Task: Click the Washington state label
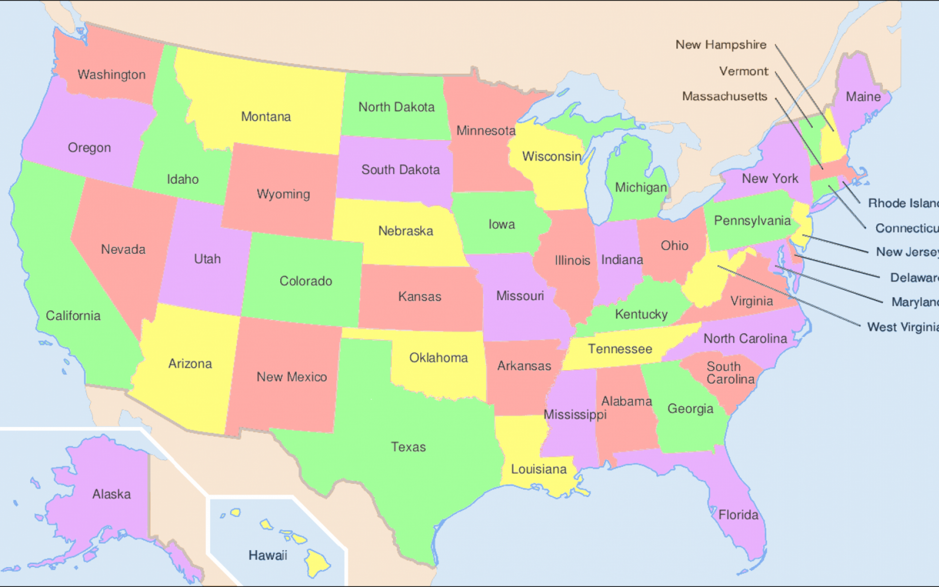[112, 75]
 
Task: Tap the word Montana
[266, 116]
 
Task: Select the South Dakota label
[400, 170]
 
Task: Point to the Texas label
[408, 447]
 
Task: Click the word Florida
[738, 515]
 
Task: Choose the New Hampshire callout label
[721, 45]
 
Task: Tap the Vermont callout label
[743, 71]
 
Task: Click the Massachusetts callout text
[724, 96]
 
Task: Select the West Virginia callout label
[902, 327]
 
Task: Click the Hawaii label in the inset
[268, 555]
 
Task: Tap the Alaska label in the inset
[112, 494]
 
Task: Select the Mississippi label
[575, 414]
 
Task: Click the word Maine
[863, 97]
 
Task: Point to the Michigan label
[641, 188]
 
